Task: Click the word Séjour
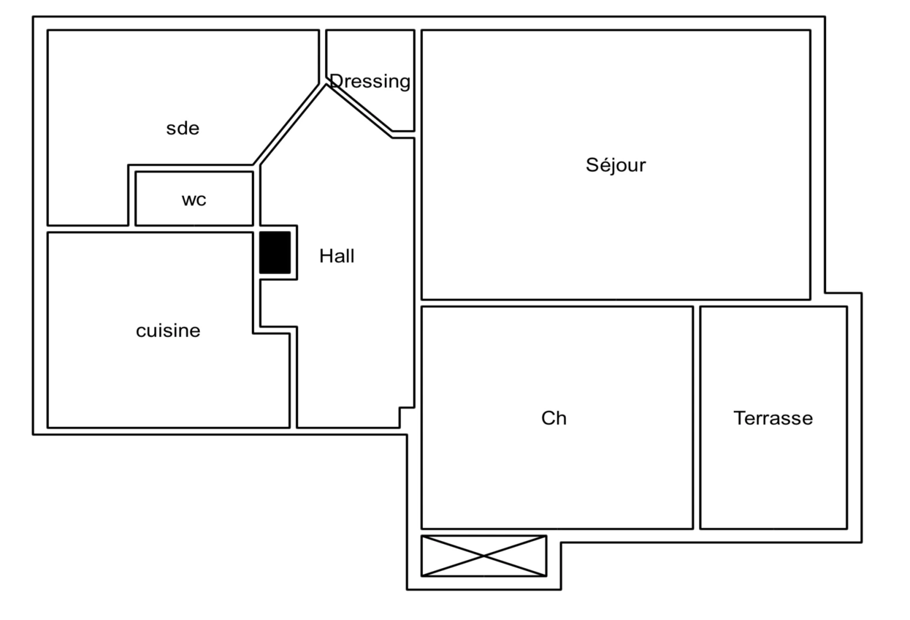(615, 165)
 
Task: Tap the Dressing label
(371, 82)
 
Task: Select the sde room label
(182, 128)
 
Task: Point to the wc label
(193, 200)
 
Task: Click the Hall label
(336, 256)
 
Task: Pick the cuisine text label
(168, 331)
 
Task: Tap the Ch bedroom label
(554, 418)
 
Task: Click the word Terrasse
(773, 418)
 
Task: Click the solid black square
(275, 253)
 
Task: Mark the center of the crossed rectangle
(484, 556)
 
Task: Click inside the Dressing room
(379, 52)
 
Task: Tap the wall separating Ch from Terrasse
(697, 417)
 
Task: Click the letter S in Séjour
(591, 165)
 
